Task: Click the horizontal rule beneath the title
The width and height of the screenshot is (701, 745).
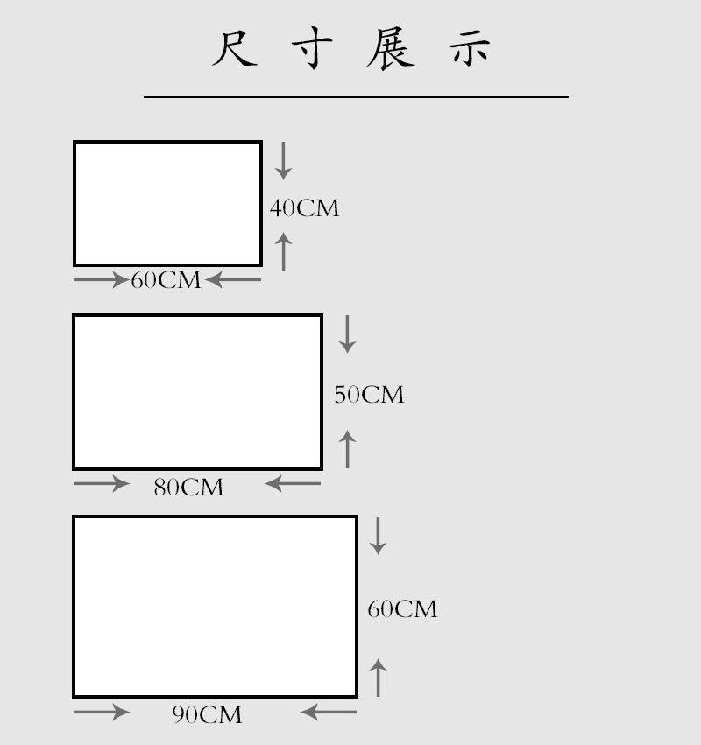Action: point(356,96)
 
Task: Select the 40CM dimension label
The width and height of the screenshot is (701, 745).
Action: point(304,208)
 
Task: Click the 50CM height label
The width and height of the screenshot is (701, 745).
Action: point(369,395)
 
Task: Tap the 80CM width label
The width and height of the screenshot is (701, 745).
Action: point(188,488)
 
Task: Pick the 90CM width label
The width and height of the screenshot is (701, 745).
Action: point(207,715)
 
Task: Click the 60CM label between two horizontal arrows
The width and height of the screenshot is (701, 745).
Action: point(166,281)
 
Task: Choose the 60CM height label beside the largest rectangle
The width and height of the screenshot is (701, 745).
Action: point(402,609)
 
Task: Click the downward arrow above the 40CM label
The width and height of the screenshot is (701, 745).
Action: point(283,161)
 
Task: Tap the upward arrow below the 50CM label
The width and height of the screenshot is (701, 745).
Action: point(348,448)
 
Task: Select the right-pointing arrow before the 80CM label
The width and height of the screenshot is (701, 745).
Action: point(102,483)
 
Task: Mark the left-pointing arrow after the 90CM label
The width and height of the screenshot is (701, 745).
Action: point(329,712)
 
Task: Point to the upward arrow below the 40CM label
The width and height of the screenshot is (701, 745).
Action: point(283,251)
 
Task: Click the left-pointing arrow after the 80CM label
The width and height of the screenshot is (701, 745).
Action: point(293,483)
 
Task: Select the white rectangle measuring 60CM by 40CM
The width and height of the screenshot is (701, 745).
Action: point(167,203)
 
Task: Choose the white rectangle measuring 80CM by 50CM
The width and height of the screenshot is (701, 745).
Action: point(198,392)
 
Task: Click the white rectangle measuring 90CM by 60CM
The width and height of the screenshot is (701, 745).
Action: point(215,607)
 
